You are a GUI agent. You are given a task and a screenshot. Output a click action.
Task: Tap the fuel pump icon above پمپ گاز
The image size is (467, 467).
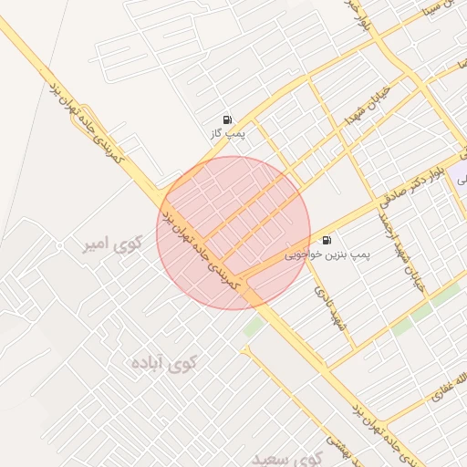tap(226, 119)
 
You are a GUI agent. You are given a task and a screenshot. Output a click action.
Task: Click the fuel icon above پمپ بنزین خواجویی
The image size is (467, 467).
tap(327, 241)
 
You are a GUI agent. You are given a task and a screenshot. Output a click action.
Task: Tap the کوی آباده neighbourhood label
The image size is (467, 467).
tap(166, 363)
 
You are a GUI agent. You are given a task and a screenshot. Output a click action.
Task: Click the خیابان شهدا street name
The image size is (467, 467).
tap(368, 108)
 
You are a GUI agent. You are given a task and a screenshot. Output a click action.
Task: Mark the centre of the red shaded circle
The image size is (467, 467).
tap(233, 233)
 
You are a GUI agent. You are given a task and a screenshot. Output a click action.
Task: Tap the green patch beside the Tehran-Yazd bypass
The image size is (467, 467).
tap(254, 326)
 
